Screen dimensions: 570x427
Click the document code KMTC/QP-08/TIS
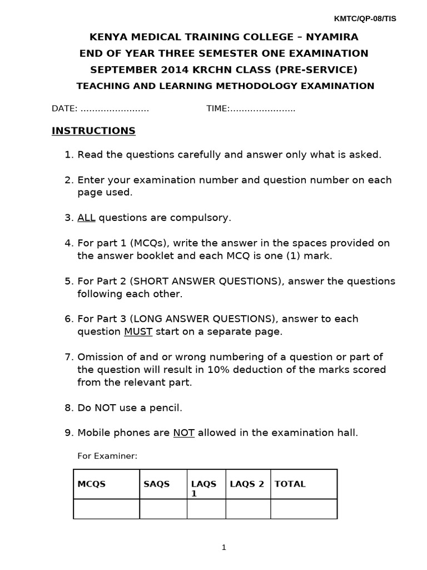click(365, 18)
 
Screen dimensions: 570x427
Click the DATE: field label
click(64, 109)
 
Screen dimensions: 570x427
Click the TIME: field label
click(218, 109)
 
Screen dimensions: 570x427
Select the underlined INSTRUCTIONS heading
click(93, 131)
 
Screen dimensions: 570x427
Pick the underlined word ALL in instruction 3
click(86, 218)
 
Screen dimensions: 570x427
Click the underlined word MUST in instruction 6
click(138, 332)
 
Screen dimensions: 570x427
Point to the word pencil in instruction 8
click(166, 407)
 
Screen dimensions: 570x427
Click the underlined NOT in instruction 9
click(183, 433)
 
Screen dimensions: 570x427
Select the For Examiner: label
click(107, 456)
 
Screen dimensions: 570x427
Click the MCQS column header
click(91, 484)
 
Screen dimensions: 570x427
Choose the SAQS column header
click(156, 484)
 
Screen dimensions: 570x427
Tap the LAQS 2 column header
click(247, 484)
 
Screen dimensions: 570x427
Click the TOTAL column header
click(290, 484)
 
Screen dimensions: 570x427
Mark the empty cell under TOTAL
click(303, 509)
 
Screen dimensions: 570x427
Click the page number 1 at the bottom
click(224, 548)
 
